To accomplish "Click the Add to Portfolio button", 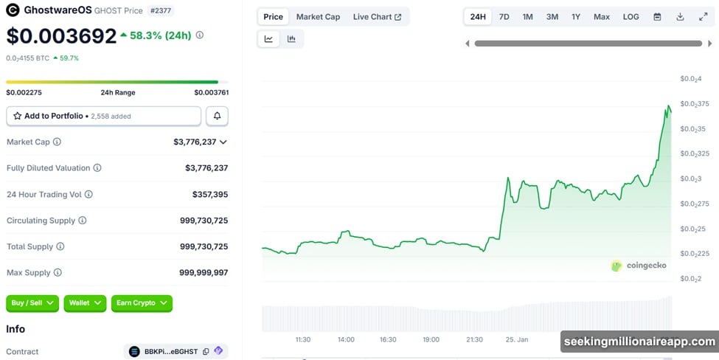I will coord(103,116).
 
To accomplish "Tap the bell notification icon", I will coord(217,116).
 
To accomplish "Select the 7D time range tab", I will coord(504,17).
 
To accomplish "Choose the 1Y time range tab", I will coord(576,17).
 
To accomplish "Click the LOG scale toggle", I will coord(631,17).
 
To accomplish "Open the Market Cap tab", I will coord(318,17).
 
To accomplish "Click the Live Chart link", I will coord(377,17).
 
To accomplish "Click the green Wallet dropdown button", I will coord(85,303).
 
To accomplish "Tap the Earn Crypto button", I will coord(142,303).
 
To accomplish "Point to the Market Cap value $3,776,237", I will coord(195,142).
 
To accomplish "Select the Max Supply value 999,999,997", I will coord(204,272).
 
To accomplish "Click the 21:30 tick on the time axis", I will coord(474,339).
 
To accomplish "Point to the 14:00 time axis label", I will coord(346,339).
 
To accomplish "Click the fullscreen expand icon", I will coord(703,17).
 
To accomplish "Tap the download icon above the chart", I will coord(680,17).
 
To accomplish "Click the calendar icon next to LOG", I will coord(657,17).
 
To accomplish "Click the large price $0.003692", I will coord(61,35).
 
